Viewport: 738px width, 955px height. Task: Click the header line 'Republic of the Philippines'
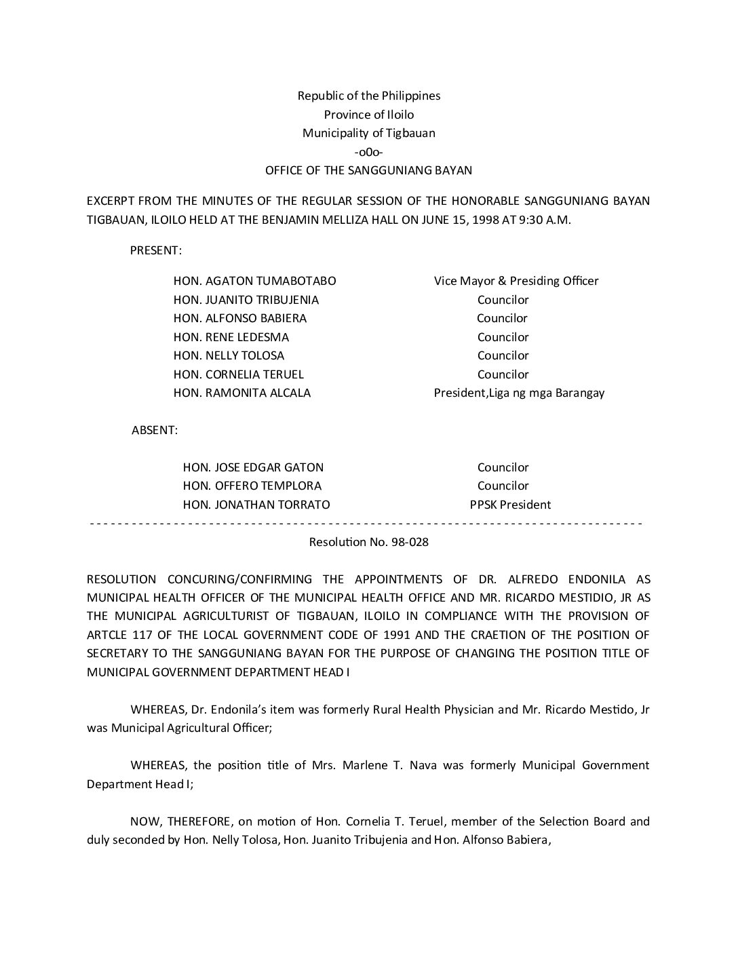pyautogui.click(x=368, y=96)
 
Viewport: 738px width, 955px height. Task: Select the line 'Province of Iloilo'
pyautogui.click(x=368, y=115)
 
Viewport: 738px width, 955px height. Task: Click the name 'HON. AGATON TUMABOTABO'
pyautogui.click(x=254, y=281)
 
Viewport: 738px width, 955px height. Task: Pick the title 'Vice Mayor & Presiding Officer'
pyautogui.click(x=516, y=281)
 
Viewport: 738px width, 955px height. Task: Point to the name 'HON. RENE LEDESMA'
pyautogui.click(x=231, y=337)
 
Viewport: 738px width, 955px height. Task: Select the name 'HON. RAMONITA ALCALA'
pyautogui.click(x=241, y=393)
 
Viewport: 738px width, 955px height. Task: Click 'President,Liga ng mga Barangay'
pyautogui.click(x=519, y=393)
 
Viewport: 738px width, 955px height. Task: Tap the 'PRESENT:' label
pyautogui.click(x=155, y=250)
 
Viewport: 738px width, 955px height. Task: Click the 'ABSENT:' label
pyautogui.click(x=155, y=430)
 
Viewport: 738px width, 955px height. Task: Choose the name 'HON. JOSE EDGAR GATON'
pyautogui.click(x=253, y=467)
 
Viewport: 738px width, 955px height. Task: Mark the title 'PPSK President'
pyautogui.click(x=510, y=505)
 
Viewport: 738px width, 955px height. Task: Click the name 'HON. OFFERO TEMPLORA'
pyautogui.click(x=252, y=486)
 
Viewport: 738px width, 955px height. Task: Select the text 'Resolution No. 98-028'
pyautogui.click(x=368, y=542)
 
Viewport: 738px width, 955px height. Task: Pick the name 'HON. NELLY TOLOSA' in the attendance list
pyautogui.click(x=229, y=355)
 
